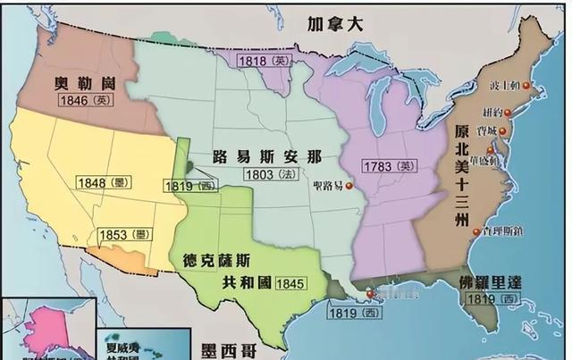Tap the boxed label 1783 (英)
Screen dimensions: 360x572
click(x=390, y=165)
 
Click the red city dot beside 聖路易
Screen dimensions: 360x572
click(x=349, y=187)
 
